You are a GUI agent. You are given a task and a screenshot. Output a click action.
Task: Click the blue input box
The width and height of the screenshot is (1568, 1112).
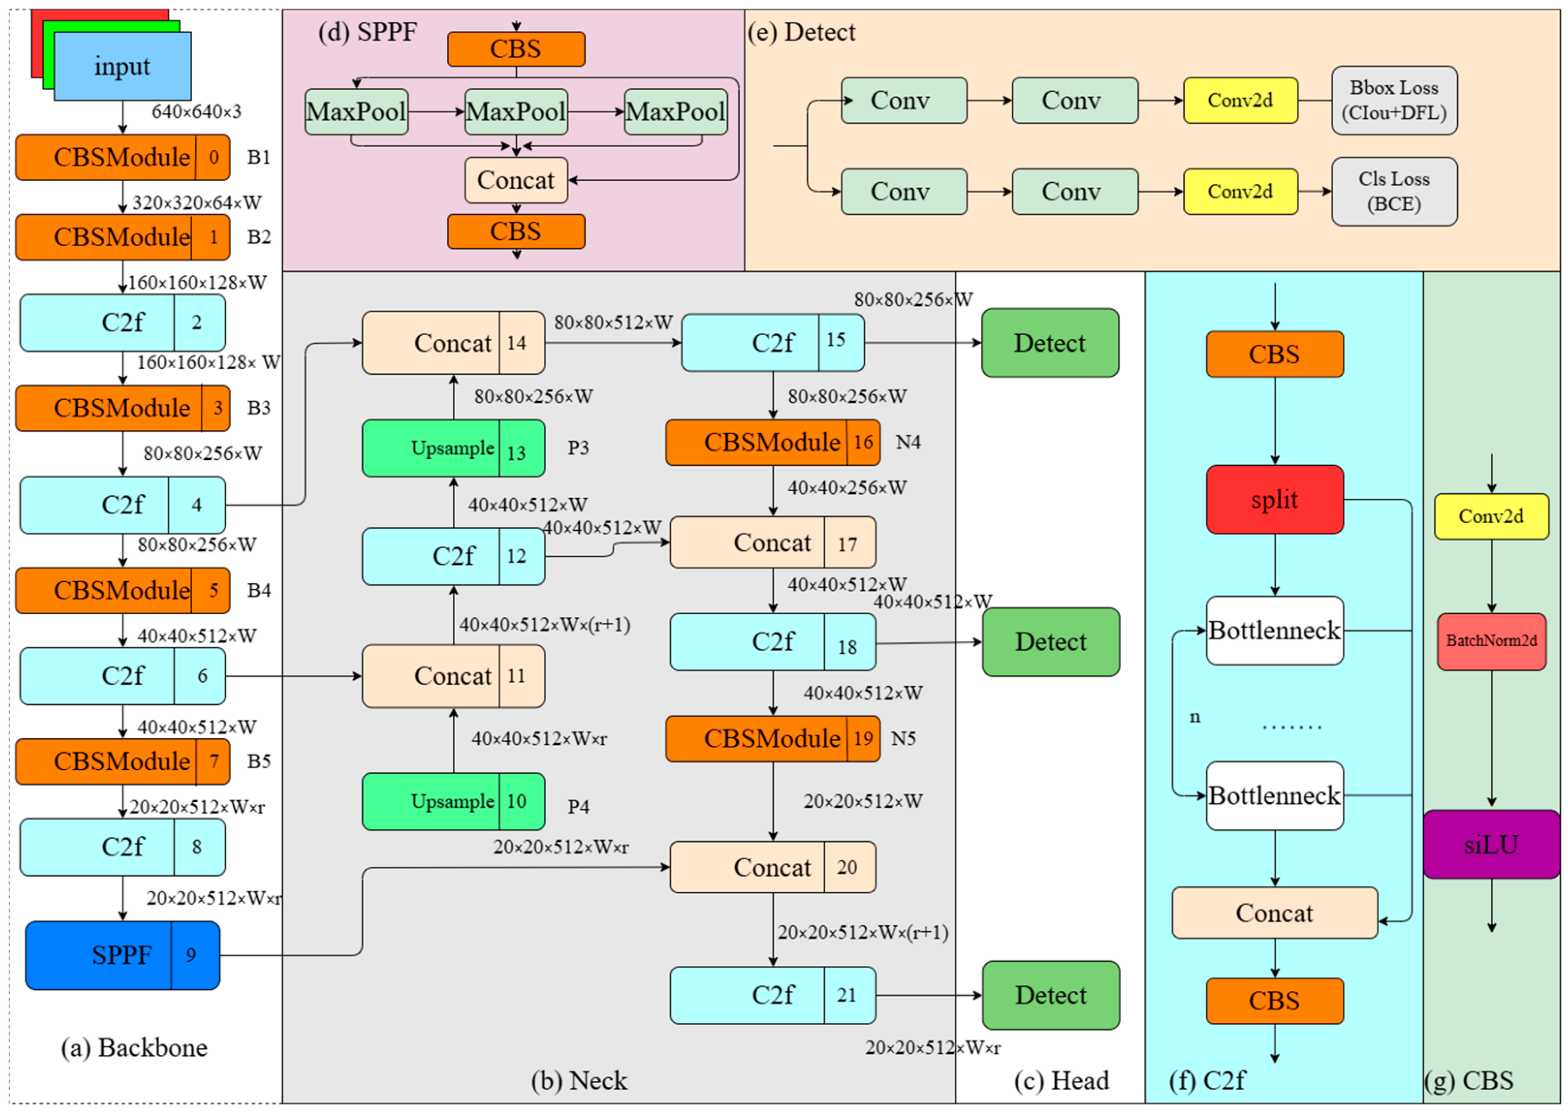[x=122, y=66]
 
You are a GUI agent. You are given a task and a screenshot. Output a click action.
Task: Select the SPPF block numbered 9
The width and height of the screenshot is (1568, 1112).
[x=122, y=955]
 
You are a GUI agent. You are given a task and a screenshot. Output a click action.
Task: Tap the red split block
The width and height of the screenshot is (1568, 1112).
[x=1274, y=499]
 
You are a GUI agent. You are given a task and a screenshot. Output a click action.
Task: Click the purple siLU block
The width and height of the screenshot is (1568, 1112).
[x=1491, y=844]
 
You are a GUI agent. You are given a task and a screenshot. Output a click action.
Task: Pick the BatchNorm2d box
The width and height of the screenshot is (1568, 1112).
[x=1491, y=641]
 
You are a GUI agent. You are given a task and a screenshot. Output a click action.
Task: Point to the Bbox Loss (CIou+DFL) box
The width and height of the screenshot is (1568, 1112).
[x=1393, y=101]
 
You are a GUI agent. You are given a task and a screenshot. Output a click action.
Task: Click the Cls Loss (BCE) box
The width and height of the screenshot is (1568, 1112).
[x=1393, y=192]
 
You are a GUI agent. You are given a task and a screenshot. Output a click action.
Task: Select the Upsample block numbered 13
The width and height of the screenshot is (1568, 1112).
[x=453, y=448]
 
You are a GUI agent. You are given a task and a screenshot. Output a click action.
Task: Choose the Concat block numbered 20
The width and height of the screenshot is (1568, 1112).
[x=772, y=867]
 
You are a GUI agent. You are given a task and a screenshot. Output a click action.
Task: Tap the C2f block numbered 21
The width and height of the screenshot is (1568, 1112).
[x=772, y=995]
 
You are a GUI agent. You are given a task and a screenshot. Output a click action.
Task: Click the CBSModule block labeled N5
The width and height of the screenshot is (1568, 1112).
[x=772, y=739]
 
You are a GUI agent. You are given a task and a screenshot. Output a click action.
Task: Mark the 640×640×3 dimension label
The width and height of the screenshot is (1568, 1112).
[x=197, y=112]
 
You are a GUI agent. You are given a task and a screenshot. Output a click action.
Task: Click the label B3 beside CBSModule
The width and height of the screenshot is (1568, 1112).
[x=259, y=408]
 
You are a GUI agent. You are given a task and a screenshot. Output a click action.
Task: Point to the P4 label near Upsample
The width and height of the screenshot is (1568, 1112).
[x=578, y=807]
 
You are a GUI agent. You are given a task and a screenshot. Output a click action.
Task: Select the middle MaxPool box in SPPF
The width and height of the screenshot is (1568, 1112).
[x=516, y=112]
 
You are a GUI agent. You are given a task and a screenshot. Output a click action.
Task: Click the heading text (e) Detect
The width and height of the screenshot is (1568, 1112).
[x=802, y=32]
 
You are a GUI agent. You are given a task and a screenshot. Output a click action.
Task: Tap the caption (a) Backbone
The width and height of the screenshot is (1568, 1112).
[x=134, y=1048]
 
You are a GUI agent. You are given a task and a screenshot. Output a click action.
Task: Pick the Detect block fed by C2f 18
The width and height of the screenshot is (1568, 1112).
[x=1050, y=641]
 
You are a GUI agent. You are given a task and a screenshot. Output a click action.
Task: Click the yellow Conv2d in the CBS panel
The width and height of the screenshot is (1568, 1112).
[x=1491, y=516]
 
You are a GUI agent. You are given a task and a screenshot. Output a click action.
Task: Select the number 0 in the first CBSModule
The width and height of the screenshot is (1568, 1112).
[x=214, y=158]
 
